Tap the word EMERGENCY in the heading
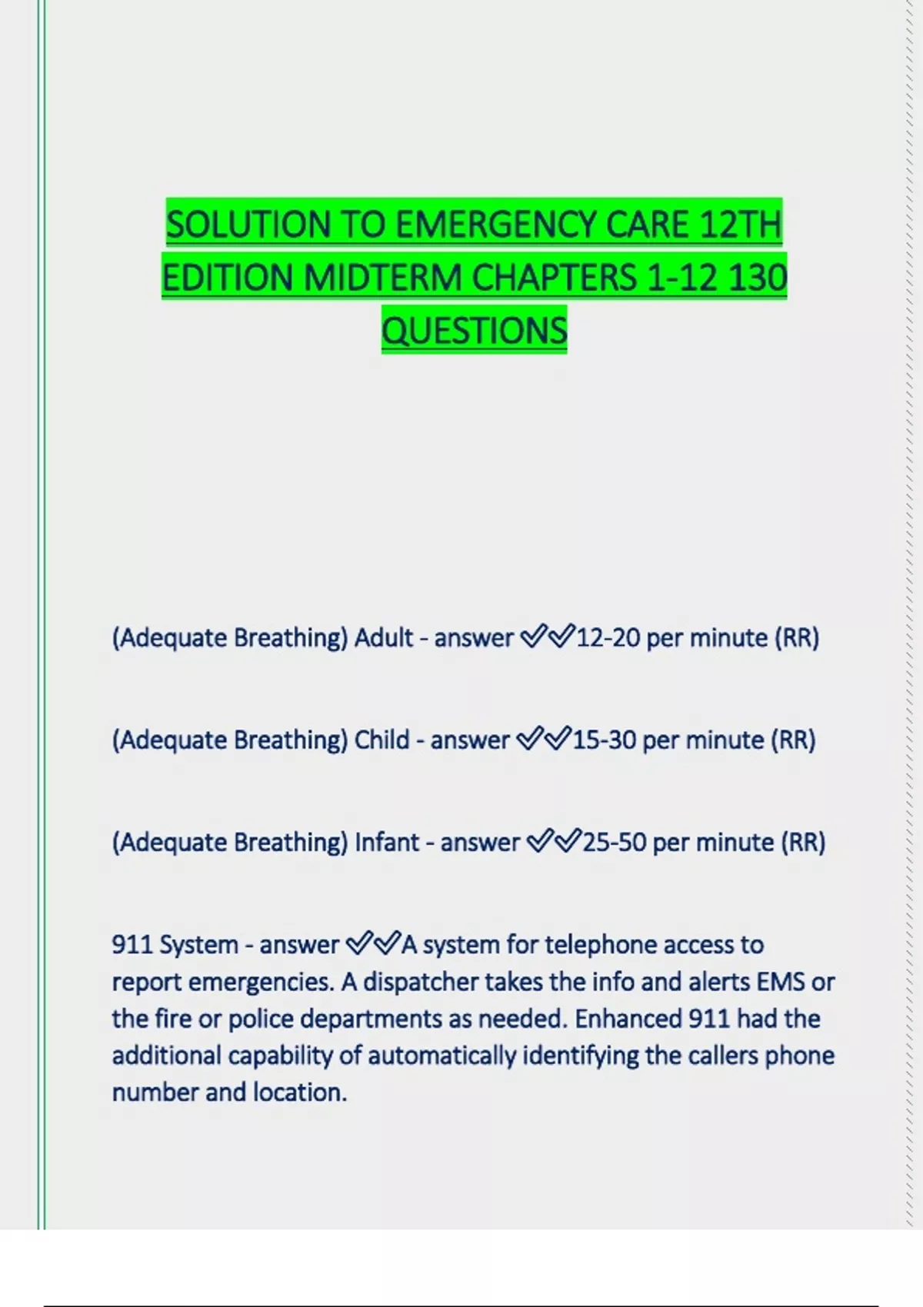pos(498,225)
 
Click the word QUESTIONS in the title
pos(475,331)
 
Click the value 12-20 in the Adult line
pos(608,638)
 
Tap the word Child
pos(382,740)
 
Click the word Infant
pos(387,843)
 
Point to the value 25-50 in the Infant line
pos(614,843)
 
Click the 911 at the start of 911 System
pos(132,945)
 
